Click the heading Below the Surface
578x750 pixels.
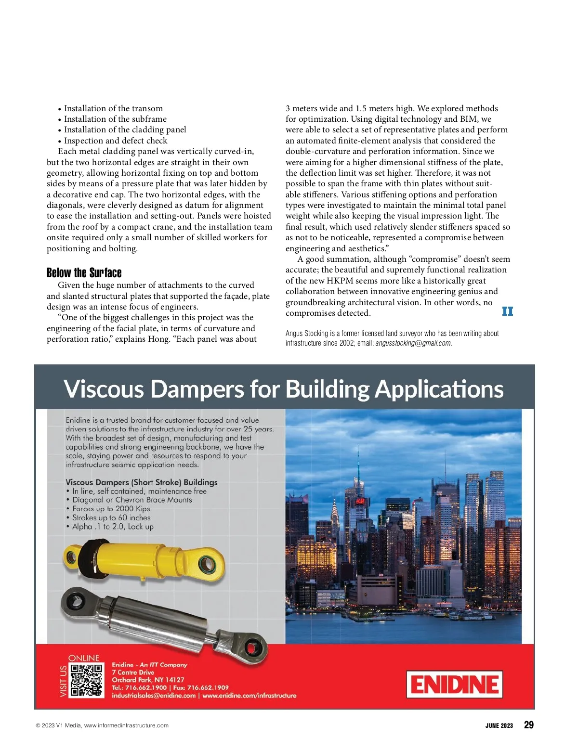(x=84, y=273)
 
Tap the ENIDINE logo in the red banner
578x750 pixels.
(x=454, y=684)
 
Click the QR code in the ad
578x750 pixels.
(x=87, y=681)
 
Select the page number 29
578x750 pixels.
(x=528, y=725)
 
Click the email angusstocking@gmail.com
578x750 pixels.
(x=413, y=343)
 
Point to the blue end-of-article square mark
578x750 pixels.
(x=507, y=311)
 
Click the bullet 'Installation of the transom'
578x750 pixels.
(x=113, y=108)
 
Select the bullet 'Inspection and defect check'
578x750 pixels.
(x=116, y=141)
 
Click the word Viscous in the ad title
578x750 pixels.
(x=104, y=389)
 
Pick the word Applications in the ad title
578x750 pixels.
(x=439, y=389)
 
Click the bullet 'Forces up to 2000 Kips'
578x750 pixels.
(x=111, y=509)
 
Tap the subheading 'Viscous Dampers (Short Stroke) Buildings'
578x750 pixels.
(x=141, y=482)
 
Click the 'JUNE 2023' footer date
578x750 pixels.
(x=499, y=725)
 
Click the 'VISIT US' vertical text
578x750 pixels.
(x=63, y=681)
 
